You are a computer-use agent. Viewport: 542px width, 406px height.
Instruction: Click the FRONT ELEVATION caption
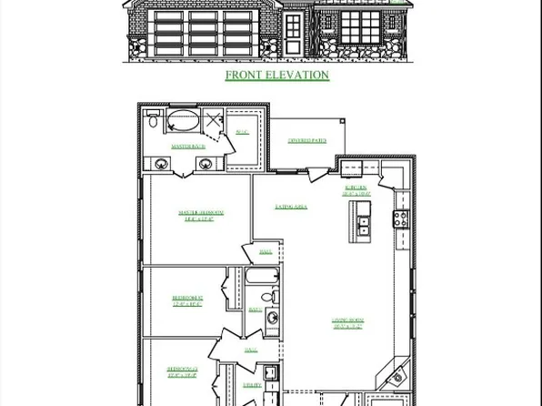pos(276,76)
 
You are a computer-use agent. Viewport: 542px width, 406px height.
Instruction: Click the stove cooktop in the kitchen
pos(399,218)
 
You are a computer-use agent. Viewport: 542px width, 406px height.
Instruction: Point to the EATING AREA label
pos(291,207)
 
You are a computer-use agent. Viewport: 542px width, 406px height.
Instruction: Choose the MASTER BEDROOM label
pos(203,216)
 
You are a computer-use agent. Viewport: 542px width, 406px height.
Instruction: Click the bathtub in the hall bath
pos(255,277)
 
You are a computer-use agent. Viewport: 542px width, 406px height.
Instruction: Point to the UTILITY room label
pos(252,385)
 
